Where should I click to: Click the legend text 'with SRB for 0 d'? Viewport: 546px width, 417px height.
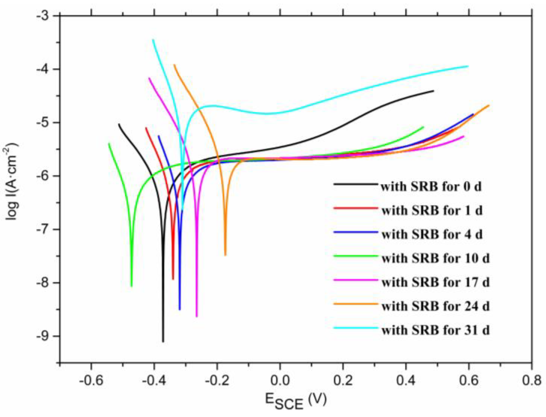click(x=431, y=187)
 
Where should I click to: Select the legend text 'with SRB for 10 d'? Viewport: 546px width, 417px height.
click(x=435, y=258)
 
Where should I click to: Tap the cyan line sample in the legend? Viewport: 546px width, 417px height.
click(x=356, y=328)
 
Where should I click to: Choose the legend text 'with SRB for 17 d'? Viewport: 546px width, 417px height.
click(x=435, y=282)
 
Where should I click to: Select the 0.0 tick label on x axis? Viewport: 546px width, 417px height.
click(x=280, y=380)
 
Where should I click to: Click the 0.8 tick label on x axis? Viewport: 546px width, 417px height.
click(x=531, y=380)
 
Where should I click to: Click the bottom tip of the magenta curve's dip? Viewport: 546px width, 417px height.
click(x=197, y=316)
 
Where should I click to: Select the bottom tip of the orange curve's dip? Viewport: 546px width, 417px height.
click(x=225, y=255)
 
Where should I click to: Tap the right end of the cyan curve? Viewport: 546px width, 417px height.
click(x=468, y=66)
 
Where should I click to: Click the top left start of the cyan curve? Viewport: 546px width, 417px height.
click(x=153, y=40)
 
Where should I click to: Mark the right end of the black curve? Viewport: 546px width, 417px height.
click(x=433, y=91)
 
